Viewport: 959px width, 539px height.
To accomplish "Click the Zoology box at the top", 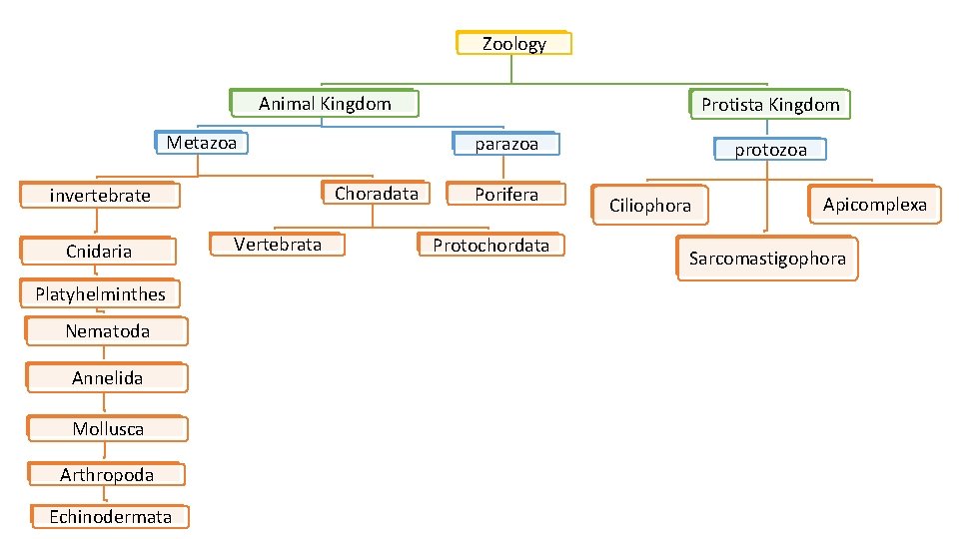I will point(513,43).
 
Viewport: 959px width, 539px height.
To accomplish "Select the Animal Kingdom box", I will point(324,103).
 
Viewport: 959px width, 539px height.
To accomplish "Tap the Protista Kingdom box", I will point(769,104).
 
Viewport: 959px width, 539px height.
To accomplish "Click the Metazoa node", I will point(202,143).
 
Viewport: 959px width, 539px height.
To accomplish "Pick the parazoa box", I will point(505,144).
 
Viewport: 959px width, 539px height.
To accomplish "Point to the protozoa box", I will point(770,150).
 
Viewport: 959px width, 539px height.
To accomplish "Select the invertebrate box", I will point(100,195).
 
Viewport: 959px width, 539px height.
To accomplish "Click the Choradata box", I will point(376,194).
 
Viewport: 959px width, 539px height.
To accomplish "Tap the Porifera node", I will point(505,195).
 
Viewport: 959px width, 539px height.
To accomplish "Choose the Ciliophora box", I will point(649,206).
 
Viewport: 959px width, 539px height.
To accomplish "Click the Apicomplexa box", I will point(874,205).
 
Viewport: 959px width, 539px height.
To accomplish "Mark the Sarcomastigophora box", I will point(766,260).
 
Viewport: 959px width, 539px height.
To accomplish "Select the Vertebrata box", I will point(277,245).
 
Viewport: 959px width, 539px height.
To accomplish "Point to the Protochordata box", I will point(489,246).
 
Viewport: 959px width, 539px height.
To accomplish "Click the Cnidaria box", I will point(99,251).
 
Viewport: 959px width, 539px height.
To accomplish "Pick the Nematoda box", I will point(107,330).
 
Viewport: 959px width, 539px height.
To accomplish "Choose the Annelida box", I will point(107,377).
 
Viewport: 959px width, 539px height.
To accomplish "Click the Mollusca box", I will point(107,428).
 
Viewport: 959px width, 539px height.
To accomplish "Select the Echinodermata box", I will point(109,516).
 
